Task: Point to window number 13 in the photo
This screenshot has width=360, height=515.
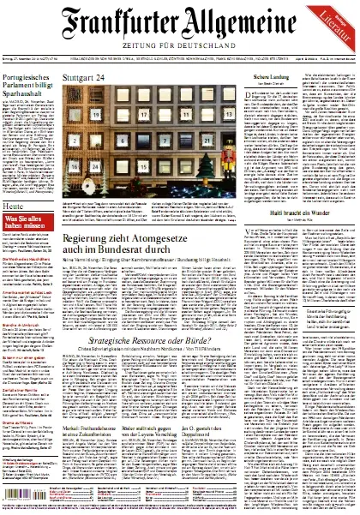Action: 185,113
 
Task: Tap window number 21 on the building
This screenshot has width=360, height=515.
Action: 205,137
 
